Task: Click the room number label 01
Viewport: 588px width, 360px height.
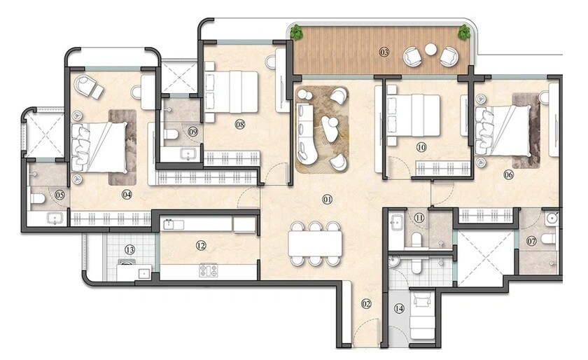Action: click(x=327, y=200)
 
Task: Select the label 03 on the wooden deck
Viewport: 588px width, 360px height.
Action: click(x=384, y=52)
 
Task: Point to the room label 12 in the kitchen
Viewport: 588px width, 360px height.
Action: click(x=201, y=246)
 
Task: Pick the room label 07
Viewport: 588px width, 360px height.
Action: click(x=531, y=242)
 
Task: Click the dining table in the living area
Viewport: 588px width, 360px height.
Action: click(x=315, y=243)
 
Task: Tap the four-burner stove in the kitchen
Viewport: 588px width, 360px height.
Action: click(x=208, y=270)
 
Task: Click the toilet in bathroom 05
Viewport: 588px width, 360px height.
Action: click(x=38, y=200)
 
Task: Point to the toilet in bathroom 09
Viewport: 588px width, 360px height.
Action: click(x=170, y=133)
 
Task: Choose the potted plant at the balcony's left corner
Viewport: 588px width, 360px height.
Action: click(x=297, y=32)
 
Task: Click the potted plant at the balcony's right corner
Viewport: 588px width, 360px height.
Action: click(x=463, y=32)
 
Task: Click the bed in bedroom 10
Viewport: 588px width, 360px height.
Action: click(x=413, y=116)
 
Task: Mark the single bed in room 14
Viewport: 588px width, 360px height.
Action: click(x=422, y=315)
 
